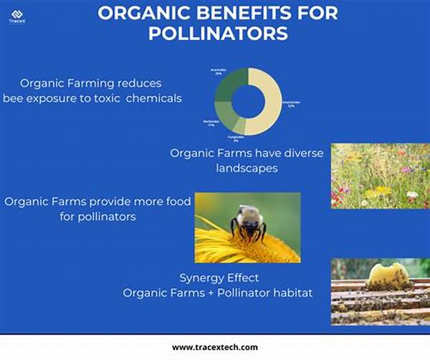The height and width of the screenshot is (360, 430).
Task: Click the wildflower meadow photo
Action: pyautogui.click(x=380, y=176)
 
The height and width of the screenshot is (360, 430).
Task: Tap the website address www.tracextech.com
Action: pyautogui.click(x=215, y=347)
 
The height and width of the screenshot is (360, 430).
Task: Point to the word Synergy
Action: pyautogui.click(x=198, y=278)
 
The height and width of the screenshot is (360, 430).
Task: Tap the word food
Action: pyautogui.click(x=176, y=202)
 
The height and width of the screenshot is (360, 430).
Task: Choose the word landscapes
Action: pyautogui.click(x=247, y=168)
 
